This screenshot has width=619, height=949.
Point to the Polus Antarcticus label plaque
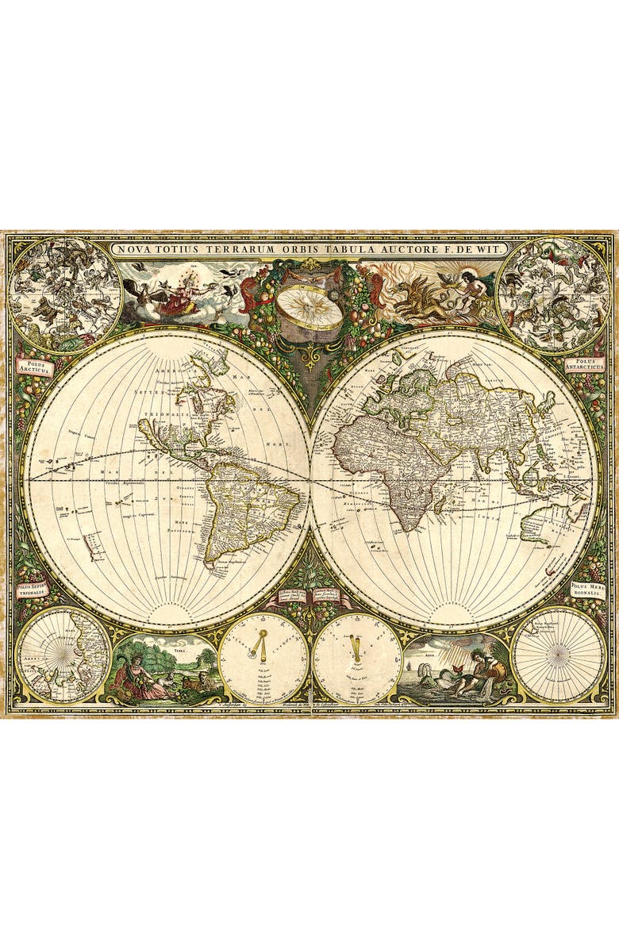(x=586, y=366)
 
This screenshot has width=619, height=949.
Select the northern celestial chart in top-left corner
(x=66, y=294)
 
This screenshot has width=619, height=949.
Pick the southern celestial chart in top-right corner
(x=553, y=294)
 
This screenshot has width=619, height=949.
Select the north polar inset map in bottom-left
(x=63, y=655)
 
